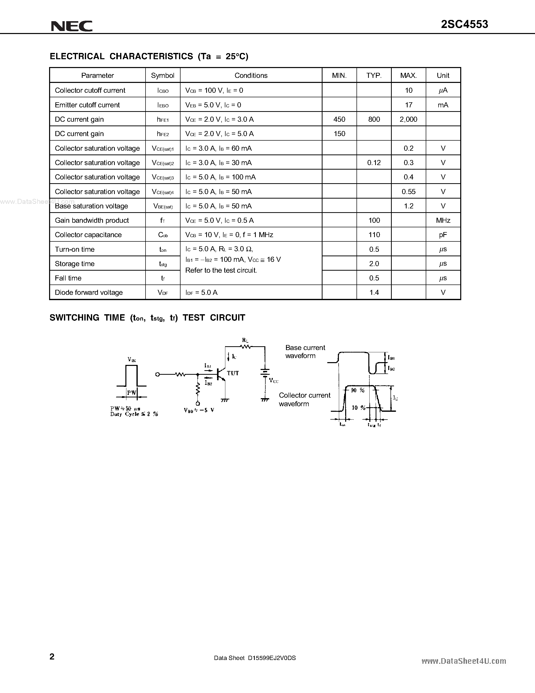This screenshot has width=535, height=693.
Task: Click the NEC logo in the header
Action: click(x=72, y=26)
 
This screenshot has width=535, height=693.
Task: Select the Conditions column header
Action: click(x=251, y=76)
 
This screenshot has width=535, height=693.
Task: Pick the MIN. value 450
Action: click(x=339, y=119)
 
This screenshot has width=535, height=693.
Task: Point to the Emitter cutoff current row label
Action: click(x=87, y=105)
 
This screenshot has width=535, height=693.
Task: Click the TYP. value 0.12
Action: click(x=374, y=163)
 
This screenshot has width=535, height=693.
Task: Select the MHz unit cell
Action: click(x=443, y=220)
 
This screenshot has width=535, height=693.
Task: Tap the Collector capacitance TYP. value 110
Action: click(x=374, y=235)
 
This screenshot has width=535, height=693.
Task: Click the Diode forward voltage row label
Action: click(x=89, y=293)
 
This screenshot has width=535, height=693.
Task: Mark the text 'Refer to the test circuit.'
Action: click(x=221, y=270)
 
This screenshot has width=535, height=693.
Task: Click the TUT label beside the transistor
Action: click(x=233, y=373)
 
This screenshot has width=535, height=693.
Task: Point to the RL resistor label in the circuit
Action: click(x=245, y=340)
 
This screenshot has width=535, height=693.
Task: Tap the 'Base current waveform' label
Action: click(x=305, y=352)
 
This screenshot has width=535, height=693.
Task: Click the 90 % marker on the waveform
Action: click(x=358, y=390)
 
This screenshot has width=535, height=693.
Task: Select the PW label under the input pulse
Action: click(x=131, y=393)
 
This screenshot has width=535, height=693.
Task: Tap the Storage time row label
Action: click(x=75, y=264)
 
